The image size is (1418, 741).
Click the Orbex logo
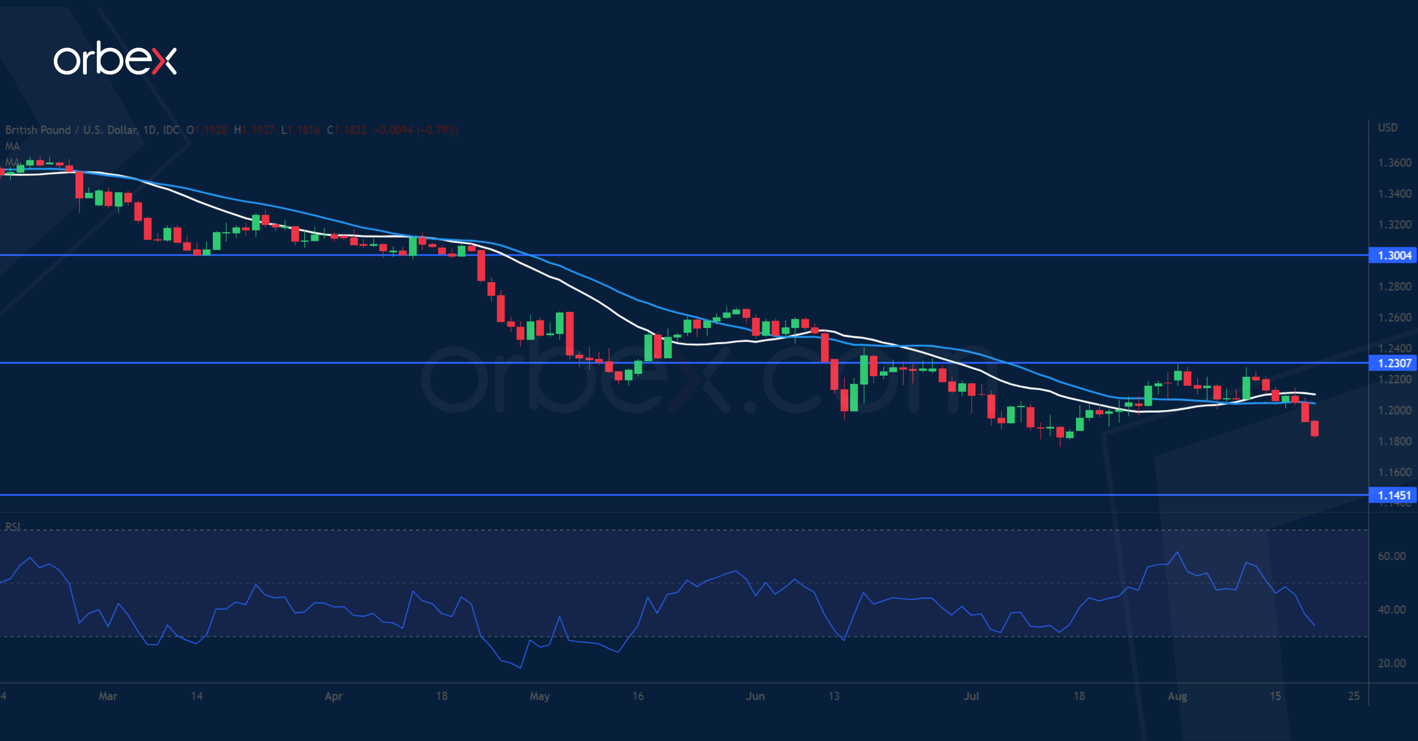pyautogui.click(x=115, y=59)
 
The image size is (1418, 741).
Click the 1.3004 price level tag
pyautogui.click(x=1394, y=255)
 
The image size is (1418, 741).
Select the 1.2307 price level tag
pyautogui.click(x=1394, y=363)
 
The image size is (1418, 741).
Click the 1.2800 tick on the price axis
pyautogui.click(x=1394, y=287)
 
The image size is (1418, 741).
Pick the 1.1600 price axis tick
pyautogui.click(x=1394, y=472)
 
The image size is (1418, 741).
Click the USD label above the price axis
pyautogui.click(x=1387, y=128)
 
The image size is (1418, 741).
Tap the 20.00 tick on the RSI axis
pyautogui.click(x=1391, y=663)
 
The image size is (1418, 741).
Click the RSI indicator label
pyautogui.click(x=13, y=527)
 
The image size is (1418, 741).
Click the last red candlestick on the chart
pyautogui.click(x=1314, y=428)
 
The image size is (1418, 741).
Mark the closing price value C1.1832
pyautogui.click(x=347, y=130)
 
